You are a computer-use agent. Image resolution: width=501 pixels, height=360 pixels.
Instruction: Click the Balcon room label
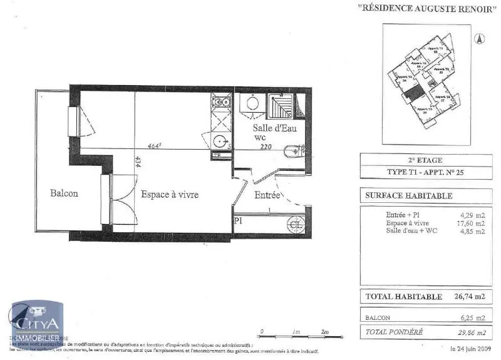65,193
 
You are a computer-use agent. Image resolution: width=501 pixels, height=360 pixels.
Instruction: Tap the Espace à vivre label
169,195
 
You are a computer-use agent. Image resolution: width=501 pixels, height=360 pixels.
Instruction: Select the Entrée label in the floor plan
267,195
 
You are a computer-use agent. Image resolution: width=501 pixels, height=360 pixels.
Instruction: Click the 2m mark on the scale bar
324,331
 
